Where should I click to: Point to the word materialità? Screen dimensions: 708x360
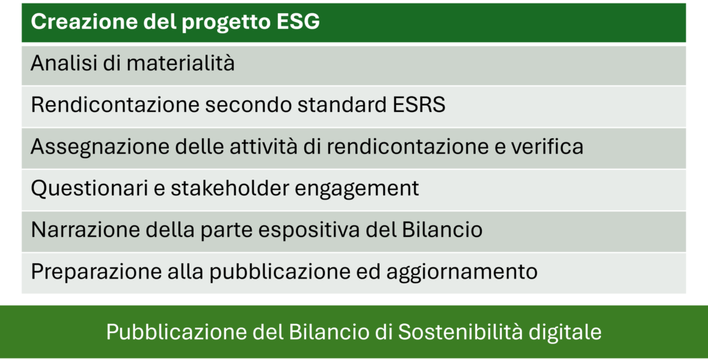(180, 63)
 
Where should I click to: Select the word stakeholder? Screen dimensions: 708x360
(230, 188)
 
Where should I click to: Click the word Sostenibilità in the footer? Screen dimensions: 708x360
(460, 332)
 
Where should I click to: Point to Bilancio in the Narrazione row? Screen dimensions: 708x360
(442, 229)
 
